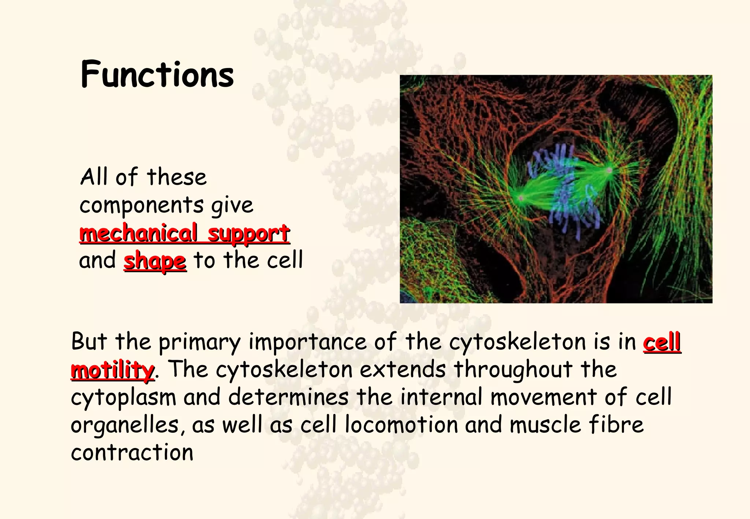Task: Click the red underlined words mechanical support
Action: (x=185, y=233)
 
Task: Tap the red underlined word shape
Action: (x=155, y=261)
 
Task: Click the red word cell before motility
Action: (x=662, y=342)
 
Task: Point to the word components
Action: (x=141, y=205)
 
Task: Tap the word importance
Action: (x=308, y=342)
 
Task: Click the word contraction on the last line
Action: (x=132, y=453)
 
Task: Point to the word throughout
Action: (x=513, y=370)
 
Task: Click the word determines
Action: (x=289, y=397)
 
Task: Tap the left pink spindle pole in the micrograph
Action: (x=521, y=198)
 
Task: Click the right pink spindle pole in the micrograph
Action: (x=609, y=170)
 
